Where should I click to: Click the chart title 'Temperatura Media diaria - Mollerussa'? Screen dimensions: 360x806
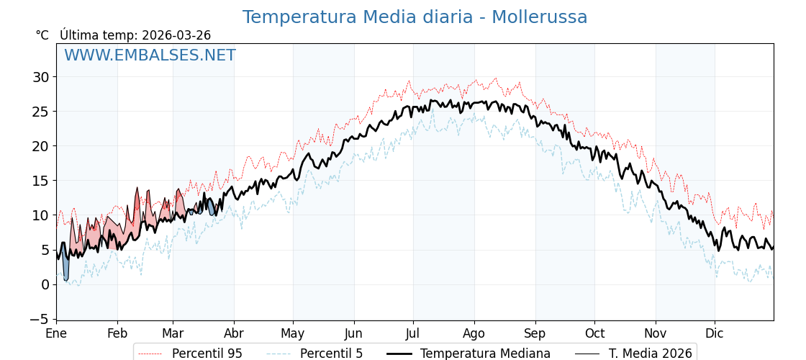point(415,17)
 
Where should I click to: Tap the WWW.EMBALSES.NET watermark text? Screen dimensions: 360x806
point(150,55)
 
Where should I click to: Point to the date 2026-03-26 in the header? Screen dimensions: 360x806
point(176,35)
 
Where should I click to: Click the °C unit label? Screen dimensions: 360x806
point(42,35)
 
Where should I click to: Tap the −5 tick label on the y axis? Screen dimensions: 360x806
point(40,319)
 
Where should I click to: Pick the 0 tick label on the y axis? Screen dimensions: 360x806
point(45,284)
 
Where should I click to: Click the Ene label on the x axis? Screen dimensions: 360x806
point(56,333)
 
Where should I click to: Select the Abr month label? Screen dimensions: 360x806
point(234,333)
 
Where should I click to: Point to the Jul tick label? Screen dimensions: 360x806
point(413,333)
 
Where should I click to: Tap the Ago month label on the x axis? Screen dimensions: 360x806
point(474,333)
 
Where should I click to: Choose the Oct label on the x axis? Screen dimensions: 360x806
point(594,333)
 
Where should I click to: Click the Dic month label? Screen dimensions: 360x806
point(715,333)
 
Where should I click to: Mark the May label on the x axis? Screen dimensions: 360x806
point(293,333)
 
